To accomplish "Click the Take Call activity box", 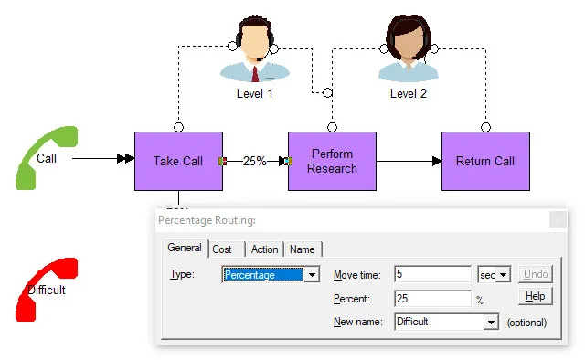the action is click(x=178, y=161).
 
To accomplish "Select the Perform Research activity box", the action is click(x=332, y=161).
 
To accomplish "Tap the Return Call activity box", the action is click(x=485, y=161).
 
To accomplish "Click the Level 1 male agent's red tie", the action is click(x=255, y=74).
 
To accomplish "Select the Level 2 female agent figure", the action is click(x=409, y=48).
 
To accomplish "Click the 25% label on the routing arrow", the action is click(x=254, y=161).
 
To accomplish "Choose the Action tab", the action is click(x=264, y=249).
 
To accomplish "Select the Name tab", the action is click(x=303, y=249).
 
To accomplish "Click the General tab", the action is click(x=185, y=248).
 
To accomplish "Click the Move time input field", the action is click(x=432, y=274).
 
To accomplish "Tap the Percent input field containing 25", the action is click(x=432, y=299).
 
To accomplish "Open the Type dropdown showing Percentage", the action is click(x=271, y=275).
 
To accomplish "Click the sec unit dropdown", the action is click(x=494, y=275).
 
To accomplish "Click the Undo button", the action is click(x=536, y=274).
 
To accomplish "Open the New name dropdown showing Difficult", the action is click(x=447, y=322).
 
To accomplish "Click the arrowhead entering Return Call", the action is click(x=437, y=161).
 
